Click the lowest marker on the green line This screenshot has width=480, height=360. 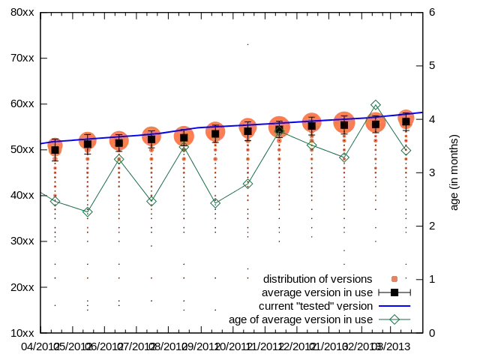point(87,211)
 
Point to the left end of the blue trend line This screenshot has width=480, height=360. point(43,142)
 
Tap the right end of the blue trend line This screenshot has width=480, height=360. point(421,112)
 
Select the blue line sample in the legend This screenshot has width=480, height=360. point(394,306)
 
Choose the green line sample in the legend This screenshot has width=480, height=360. point(394,319)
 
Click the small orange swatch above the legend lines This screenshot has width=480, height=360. point(395,279)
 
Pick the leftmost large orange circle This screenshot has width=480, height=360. point(55,149)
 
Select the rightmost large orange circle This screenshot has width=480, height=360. point(406,120)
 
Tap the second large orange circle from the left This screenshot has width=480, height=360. point(87,142)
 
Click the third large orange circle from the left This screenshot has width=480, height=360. point(118,142)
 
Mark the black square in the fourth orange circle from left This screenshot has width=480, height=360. point(151,138)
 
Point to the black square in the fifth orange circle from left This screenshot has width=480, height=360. point(183,136)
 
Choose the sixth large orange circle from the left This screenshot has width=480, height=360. point(215,133)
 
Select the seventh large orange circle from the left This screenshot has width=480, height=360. point(247,130)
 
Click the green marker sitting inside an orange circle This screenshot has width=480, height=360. point(280,130)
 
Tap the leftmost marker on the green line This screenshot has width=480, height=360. point(55,201)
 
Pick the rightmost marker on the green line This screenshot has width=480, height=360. point(406,150)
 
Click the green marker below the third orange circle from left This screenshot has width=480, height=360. point(118,159)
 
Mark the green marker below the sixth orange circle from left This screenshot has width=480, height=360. point(215,203)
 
